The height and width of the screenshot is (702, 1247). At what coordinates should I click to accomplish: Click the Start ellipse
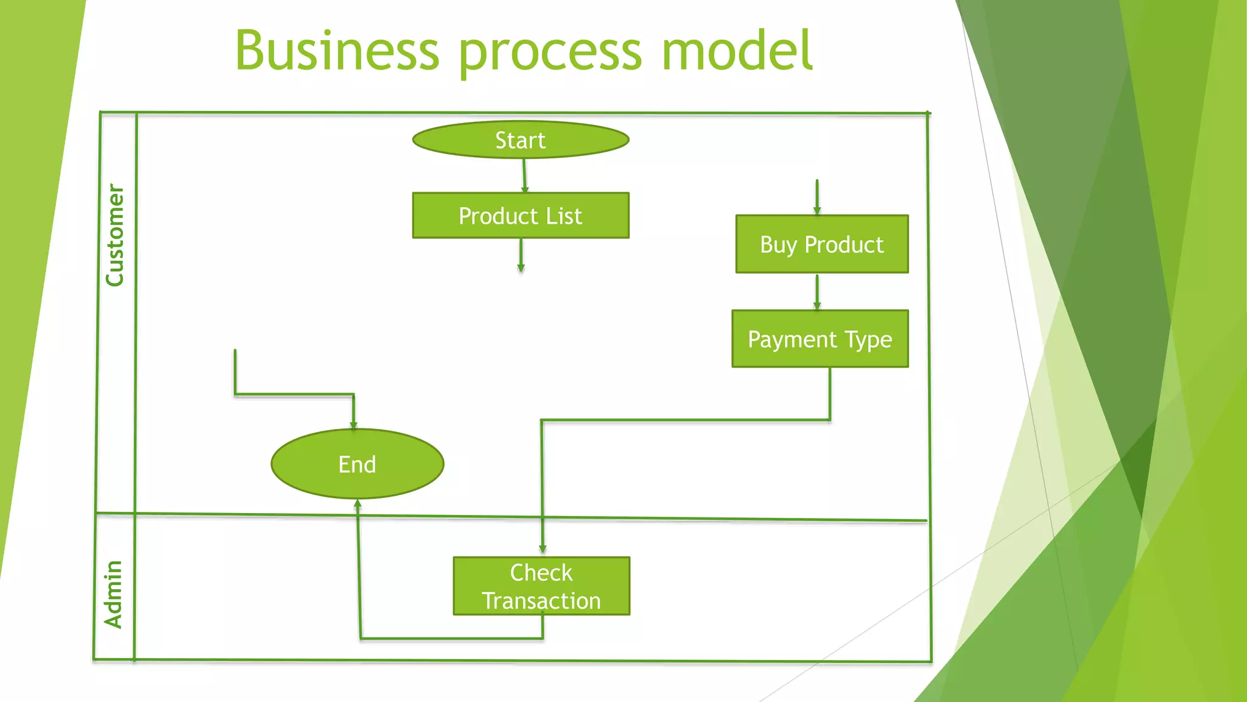pos(521,140)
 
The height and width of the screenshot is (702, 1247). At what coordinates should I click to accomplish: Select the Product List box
pos(521,216)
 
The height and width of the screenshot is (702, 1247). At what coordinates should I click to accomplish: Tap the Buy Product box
pos(821,244)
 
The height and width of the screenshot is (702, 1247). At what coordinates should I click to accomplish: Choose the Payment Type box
pos(820,339)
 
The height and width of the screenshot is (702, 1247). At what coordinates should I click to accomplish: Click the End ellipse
pos(357,464)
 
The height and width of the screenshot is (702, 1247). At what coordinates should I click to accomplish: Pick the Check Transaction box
pos(541,586)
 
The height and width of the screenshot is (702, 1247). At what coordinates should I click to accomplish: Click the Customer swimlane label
pos(115,235)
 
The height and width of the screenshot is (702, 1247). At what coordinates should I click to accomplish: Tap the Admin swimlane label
pos(114,594)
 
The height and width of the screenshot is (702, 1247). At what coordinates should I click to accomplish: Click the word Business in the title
pos(337,51)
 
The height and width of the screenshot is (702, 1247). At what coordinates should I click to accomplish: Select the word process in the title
pos(550,54)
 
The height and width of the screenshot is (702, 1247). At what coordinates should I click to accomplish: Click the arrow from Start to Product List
pos(524,176)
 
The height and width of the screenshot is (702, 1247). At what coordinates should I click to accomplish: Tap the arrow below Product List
pos(521,255)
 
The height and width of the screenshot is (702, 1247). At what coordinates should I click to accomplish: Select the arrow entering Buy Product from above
pos(817,197)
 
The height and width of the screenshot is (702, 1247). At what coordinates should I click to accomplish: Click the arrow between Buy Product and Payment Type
pos(817,292)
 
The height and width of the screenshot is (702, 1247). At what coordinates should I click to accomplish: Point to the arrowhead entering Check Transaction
pos(543,549)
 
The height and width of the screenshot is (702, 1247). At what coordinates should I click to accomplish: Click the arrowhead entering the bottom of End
pos(357,503)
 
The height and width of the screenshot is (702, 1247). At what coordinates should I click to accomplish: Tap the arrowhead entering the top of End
pos(353,425)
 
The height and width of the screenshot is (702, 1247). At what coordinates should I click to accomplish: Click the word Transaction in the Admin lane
pos(541,601)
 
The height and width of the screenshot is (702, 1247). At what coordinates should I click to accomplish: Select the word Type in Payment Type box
pos(868,339)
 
